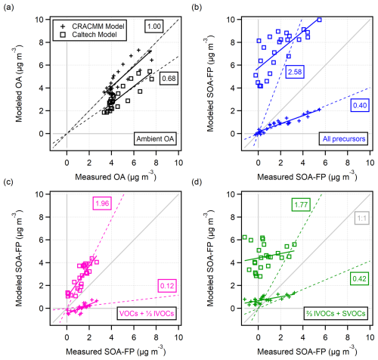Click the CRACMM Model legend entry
coord(92,26)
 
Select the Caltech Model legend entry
coord(88,35)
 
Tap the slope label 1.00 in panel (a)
coord(154,26)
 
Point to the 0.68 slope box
coord(169,79)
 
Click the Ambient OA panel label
coord(155,138)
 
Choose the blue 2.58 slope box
coord(295,72)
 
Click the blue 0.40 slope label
coord(360,105)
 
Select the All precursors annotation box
coord(344,138)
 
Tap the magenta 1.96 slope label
coord(102,203)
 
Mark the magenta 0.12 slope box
coord(167,286)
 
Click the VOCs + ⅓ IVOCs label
coord(147,314)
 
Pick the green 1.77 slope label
coord(301,204)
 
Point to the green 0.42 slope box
coord(359,278)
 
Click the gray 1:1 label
coord(362,218)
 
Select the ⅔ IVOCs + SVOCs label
coord(336,314)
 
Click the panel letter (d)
coord(197,182)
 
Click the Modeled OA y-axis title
coord(18,84)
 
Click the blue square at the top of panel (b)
coord(319,20)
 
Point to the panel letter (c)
coord(8,182)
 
